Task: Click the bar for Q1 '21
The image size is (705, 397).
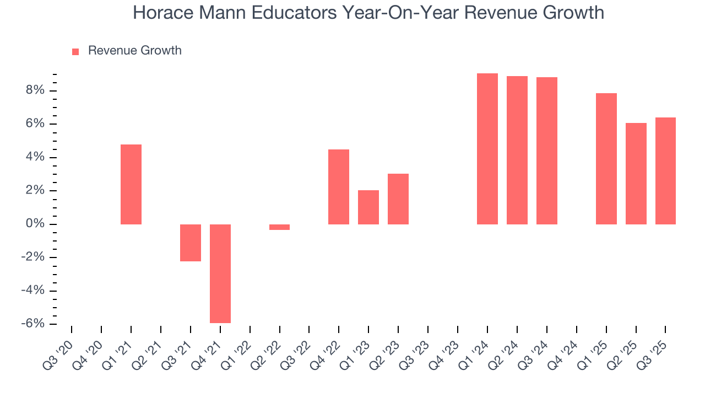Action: pyautogui.click(x=131, y=184)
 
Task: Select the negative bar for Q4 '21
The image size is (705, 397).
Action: pyautogui.click(x=220, y=273)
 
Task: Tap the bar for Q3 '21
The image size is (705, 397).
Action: pyautogui.click(x=191, y=243)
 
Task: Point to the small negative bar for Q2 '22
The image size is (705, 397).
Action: pyautogui.click(x=280, y=227)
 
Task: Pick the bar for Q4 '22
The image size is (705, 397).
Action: pyautogui.click(x=339, y=187)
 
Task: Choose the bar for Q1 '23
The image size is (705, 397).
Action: pyautogui.click(x=368, y=207)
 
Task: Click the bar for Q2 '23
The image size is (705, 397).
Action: pyautogui.click(x=398, y=199)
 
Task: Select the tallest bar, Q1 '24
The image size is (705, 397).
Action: pyautogui.click(x=487, y=149)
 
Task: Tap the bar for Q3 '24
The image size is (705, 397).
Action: pyautogui.click(x=547, y=151)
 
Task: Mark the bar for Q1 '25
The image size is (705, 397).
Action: pyautogui.click(x=606, y=159)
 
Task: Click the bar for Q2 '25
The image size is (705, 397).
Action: pyautogui.click(x=636, y=174)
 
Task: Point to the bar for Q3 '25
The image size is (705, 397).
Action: pyautogui.click(x=665, y=171)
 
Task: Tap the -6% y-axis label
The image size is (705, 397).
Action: pyautogui.click(x=34, y=324)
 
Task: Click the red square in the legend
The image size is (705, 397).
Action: pyautogui.click(x=76, y=52)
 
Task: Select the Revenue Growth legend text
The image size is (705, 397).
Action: pyautogui.click(x=134, y=51)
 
